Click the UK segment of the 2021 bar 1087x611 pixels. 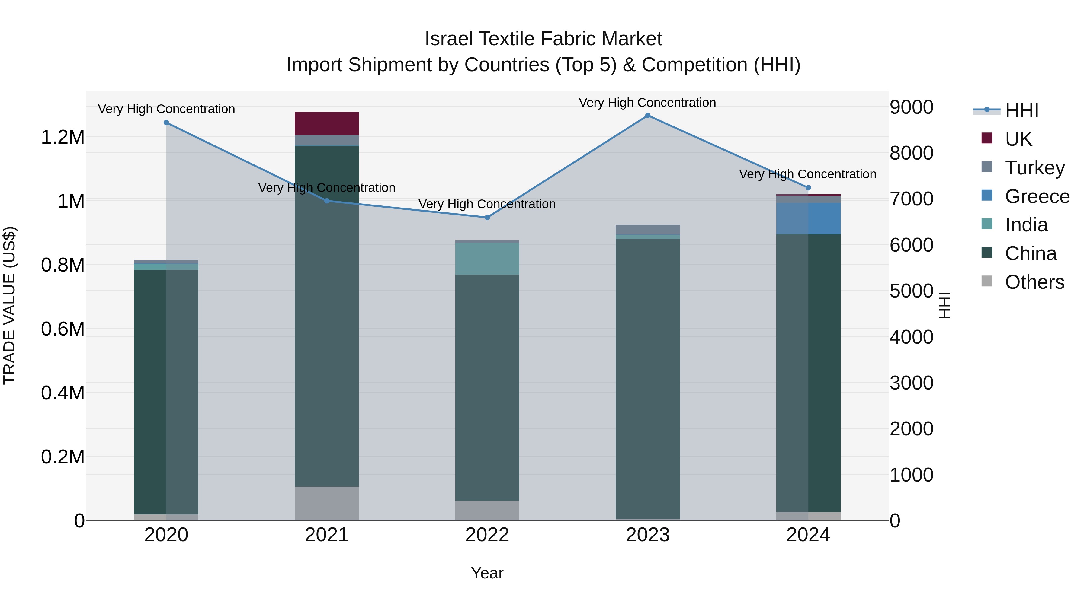pyautogui.click(x=327, y=123)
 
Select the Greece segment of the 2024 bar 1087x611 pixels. pyautogui.click(x=808, y=218)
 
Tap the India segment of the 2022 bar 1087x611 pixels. pyautogui.click(x=487, y=259)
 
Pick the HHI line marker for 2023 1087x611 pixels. pyautogui.click(x=648, y=116)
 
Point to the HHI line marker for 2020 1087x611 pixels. pyautogui.click(x=166, y=123)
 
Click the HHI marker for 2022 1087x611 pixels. pyautogui.click(x=487, y=218)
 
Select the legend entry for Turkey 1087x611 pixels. pyautogui.click(x=1034, y=168)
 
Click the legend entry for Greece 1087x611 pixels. pyautogui.click(x=1036, y=196)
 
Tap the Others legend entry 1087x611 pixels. pyautogui.click(x=1034, y=282)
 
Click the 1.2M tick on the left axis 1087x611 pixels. pyautogui.click(x=63, y=138)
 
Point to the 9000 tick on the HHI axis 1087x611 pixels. pyautogui.click(x=912, y=107)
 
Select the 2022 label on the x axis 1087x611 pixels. pyautogui.click(x=487, y=535)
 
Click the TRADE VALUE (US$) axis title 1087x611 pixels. pyautogui.click(x=9, y=305)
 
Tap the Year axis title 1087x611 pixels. pyautogui.click(x=487, y=573)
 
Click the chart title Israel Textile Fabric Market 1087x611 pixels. pyautogui.click(x=543, y=39)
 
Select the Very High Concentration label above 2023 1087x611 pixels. pyautogui.click(x=647, y=103)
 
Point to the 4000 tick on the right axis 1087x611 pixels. pyautogui.click(x=912, y=337)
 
